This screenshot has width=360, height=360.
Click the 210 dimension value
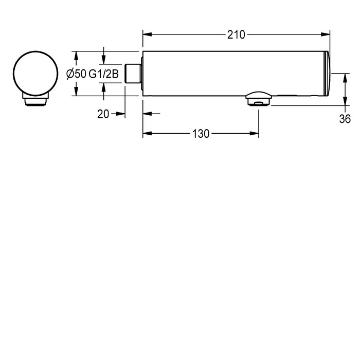236,35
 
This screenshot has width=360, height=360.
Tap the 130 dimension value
201,134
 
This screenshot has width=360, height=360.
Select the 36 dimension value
345,119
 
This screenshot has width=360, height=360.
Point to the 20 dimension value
103,114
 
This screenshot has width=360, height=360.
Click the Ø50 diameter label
76,74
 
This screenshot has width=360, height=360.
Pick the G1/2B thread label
103,74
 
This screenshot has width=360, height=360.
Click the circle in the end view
35,73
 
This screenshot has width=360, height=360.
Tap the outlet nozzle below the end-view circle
35,99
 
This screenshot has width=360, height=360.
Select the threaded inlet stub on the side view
133,74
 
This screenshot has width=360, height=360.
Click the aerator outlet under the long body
259,99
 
